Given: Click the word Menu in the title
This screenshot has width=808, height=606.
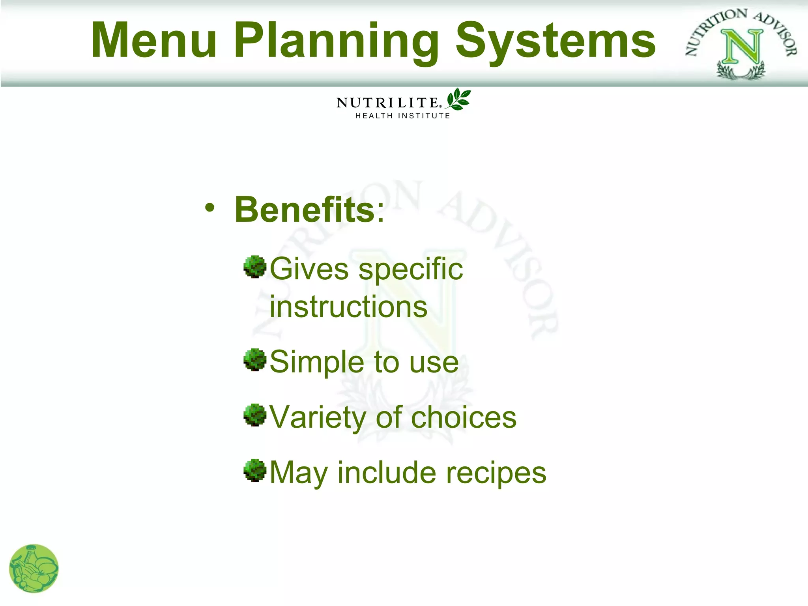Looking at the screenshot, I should tap(154, 40).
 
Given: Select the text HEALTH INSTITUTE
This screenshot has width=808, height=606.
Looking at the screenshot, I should tap(402, 116).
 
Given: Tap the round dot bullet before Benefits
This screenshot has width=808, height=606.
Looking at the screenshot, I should tap(210, 207).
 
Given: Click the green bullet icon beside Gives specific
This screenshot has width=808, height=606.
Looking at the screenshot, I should tap(255, 267).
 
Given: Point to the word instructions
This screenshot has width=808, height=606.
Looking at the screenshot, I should tap(348, 307).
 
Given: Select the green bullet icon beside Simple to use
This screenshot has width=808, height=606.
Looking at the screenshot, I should tap(255, 359).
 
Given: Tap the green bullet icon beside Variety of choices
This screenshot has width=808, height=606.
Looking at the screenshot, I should tap(255, 415).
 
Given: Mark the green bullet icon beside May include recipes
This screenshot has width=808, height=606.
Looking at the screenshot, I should tap(255, 470).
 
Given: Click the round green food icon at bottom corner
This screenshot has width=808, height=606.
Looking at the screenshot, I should tap(34, 569).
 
